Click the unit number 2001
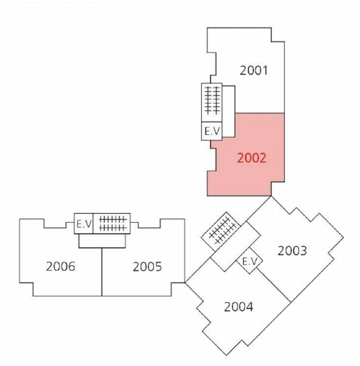point(254,70)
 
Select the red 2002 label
point(251,158)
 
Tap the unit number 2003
point(292,251)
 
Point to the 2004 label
point(239,307)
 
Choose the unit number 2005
point(147,267)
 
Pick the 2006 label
point(60,267)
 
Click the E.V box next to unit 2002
point(212,131)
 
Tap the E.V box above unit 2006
point(84,223)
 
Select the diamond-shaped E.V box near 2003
point(250,261)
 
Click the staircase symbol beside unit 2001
point(212,102)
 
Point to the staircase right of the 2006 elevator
point(112,223)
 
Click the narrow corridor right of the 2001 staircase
point(229,112)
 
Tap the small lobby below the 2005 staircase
point(102,241)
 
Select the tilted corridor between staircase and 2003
point(236,246)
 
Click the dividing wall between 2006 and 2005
point(102,272)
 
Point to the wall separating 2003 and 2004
point(273,285)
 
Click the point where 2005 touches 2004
point(185,282)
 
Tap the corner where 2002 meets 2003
point(272,196)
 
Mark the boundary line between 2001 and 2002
point(259,113)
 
